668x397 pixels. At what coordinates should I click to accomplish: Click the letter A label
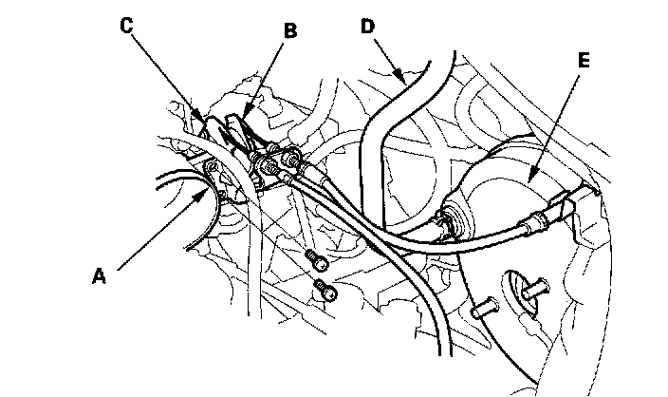click(98, 276)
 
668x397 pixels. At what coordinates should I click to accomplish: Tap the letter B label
click(290, 30)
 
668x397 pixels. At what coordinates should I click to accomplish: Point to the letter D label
click(368, 26)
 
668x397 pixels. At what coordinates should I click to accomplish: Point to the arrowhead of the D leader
click(407, 75)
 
